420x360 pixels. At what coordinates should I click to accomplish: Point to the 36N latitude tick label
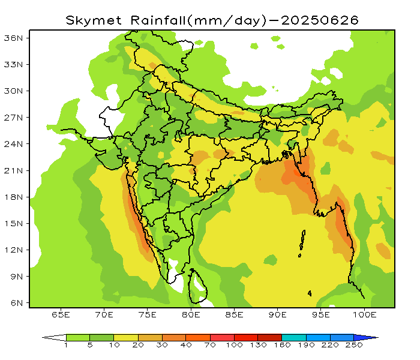point(14,38)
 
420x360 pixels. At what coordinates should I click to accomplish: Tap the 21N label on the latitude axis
point(14,170)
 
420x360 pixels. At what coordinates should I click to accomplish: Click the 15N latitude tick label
point(14,223)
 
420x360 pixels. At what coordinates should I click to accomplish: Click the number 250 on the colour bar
point(354,346)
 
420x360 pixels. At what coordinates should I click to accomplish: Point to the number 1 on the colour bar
point(66,346)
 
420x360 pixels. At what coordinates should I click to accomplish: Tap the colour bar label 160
point(282,346)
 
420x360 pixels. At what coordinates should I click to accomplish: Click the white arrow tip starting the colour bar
point(50,338)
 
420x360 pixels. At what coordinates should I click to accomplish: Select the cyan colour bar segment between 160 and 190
point(294,338)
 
